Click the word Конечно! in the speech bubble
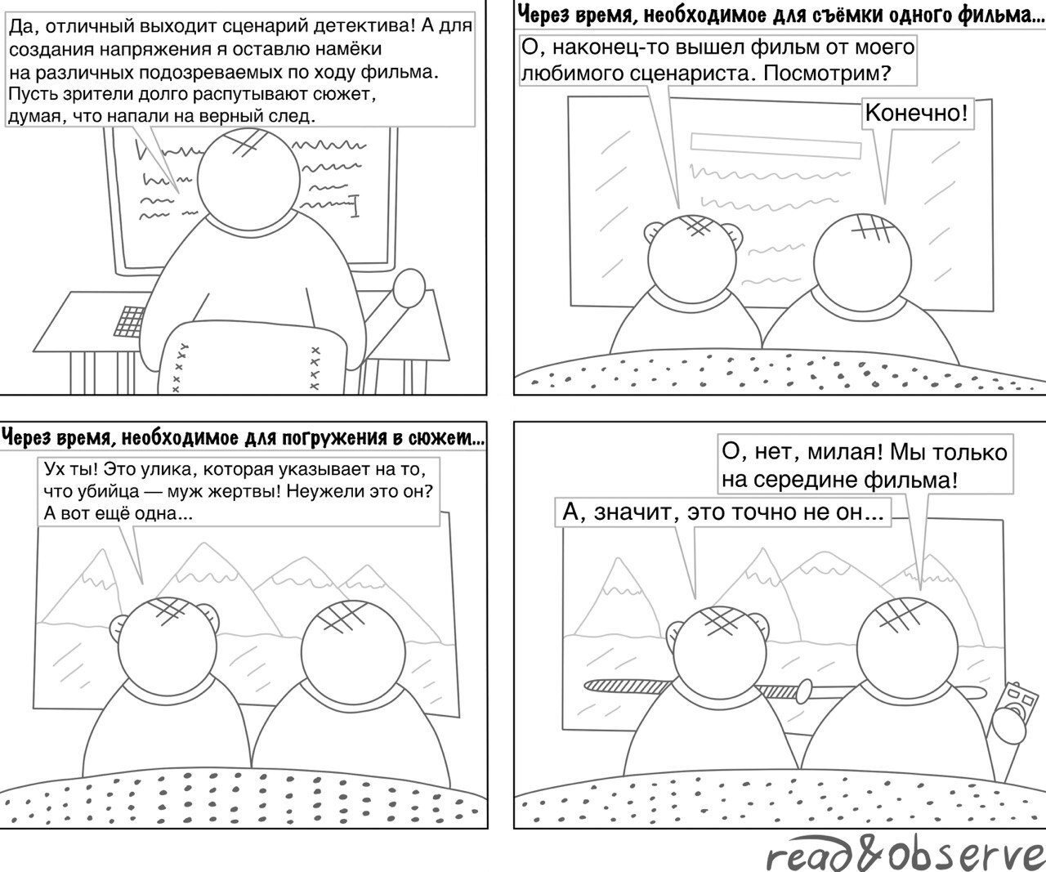(x=915, y=113)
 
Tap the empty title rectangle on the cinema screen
(x=776, y=145)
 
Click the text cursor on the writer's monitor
(x=354, y=206)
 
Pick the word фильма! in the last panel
(x=914, y=480)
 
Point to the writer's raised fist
(x=409, y=288)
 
